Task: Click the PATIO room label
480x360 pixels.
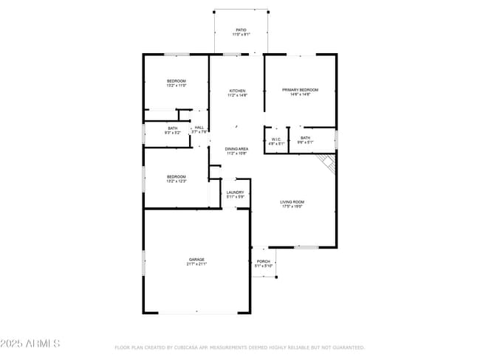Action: click(241, 30)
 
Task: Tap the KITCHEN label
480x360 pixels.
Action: click(236, 91)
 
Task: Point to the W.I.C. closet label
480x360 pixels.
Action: click(275, 138)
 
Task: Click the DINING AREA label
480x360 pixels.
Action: click(236, 149)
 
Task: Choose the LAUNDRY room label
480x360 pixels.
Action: click(235, 193)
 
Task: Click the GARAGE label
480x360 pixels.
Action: click(196, 260)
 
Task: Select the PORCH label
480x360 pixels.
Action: click(263, 261)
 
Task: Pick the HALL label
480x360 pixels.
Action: click(199, 128)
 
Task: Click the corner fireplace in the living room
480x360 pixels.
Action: click(326, 163)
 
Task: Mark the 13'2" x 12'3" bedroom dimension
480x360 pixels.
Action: click(176, 181)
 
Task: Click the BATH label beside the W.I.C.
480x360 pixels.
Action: click(304, 138)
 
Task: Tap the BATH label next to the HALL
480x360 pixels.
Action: click(172, 128)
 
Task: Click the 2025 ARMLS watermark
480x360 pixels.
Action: click(30, 344)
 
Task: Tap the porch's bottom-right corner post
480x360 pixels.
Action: click(276, 277)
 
